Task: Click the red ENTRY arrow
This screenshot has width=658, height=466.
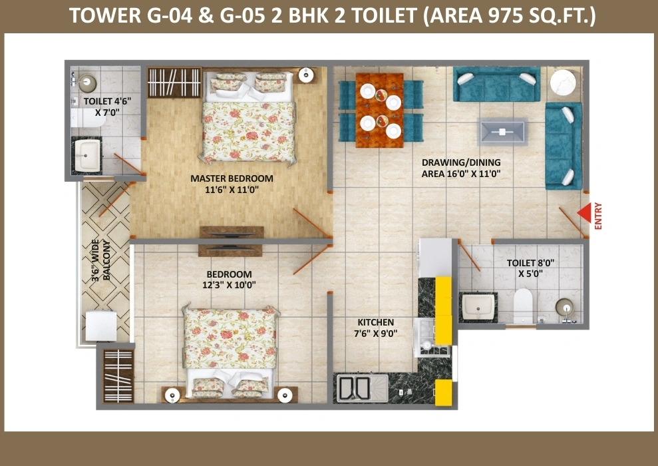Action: coord(584,213)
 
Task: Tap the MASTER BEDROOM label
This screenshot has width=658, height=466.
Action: coord(232,184)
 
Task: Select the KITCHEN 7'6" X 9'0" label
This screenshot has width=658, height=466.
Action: coord(376,328)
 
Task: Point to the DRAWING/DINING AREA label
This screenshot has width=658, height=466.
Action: coord(461,168)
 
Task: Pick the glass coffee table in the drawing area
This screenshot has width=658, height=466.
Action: coord(502,132)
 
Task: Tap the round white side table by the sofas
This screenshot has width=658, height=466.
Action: coord(563,83)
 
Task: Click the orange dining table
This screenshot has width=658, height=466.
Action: coord(379,111)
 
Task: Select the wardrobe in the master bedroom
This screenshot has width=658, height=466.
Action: coord(174,83)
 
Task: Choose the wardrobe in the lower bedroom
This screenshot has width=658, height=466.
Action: coord(118,375)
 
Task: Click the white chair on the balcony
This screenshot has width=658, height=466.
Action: coord(100,326)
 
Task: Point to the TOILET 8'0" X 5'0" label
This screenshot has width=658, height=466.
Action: coord(530,268)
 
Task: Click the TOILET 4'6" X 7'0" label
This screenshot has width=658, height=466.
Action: coord(107,107)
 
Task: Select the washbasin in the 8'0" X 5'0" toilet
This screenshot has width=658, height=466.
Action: coord(478,308)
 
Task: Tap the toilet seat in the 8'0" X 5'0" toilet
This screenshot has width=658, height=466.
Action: coord(523,306)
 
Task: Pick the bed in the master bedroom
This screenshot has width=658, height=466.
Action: coord(248,118)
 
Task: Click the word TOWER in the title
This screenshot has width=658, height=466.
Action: coord(105,16)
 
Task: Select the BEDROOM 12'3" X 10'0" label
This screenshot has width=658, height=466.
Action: coord(229,280)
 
